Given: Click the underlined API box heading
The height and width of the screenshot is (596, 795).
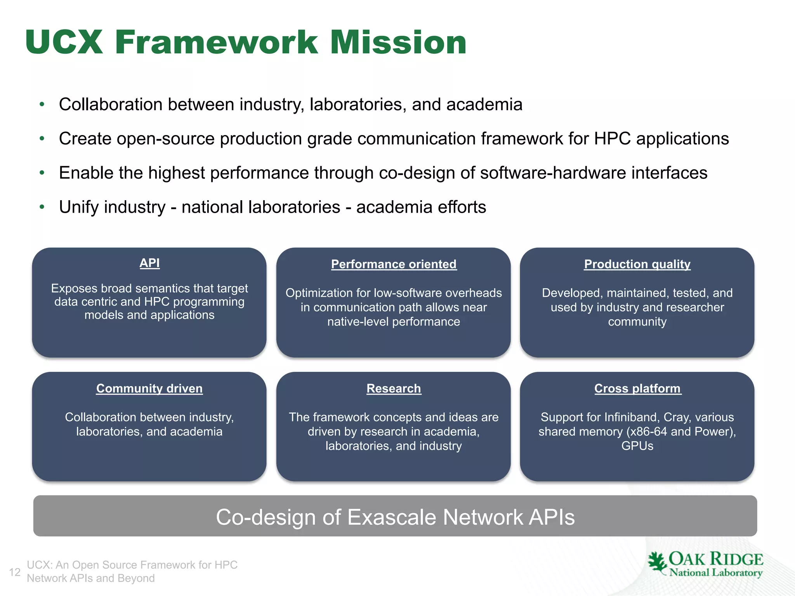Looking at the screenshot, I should [149, 263].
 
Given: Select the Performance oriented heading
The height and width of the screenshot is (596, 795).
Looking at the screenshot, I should [394, 264].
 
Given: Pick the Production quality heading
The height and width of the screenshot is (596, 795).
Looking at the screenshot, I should [637, 264].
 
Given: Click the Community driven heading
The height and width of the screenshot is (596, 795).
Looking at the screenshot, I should [149, 388].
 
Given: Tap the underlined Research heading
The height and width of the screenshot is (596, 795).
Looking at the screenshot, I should [394, 388].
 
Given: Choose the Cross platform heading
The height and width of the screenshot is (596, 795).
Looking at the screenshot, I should [637, 388].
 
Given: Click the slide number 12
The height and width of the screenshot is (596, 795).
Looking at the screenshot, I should [15, 572].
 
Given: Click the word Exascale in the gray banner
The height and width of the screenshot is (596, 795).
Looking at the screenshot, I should [392, 517].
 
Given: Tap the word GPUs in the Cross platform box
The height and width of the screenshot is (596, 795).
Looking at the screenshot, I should [637, 446].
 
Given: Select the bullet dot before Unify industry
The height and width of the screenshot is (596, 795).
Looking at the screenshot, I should [42, 207].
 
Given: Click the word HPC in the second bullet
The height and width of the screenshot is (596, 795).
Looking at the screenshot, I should [612, 139].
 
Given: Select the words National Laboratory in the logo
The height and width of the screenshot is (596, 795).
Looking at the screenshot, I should [715, 573].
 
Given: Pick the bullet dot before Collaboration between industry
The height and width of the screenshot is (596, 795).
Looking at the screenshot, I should [42, 104].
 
